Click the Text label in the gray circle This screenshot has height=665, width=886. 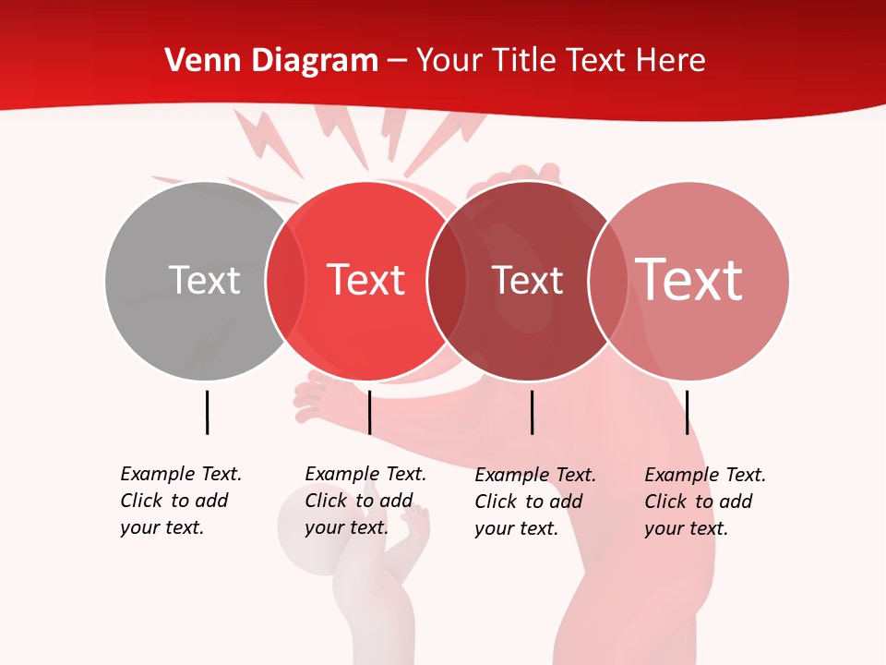(x=204, y=280)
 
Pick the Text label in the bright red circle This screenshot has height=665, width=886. (x=366, y=280)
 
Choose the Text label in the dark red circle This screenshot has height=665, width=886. (x=527, y=280)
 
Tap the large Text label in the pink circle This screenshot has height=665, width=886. (x=689, y=280)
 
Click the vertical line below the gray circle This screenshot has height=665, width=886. (x=207, y=412)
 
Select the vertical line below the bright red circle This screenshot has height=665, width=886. (x=369, y=412)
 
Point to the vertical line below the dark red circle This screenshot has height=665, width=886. (x=532, y=412)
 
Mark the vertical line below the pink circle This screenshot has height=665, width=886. (x=687, y=412)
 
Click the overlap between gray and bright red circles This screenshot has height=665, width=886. (x=286, y=281)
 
